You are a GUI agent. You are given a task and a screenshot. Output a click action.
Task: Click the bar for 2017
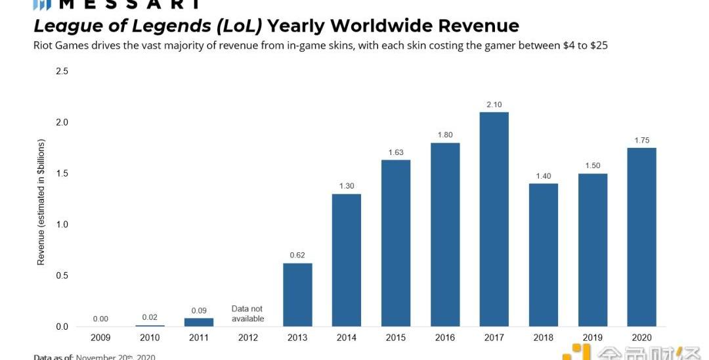(x=494, y=219)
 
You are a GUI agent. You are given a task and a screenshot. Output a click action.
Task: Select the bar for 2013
(x=297, y=295)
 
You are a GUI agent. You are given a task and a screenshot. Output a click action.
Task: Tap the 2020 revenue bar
(x=641, y=237)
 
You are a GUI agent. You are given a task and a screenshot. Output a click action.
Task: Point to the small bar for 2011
(x=199, y=323)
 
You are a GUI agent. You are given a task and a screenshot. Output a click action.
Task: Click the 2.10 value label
(x=494, y=104)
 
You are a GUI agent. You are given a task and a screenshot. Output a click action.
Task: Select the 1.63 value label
(x=396, y=152)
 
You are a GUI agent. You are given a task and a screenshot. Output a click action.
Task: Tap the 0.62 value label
(x=297, y=256)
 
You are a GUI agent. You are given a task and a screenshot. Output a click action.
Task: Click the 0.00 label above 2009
(x=100, y=319)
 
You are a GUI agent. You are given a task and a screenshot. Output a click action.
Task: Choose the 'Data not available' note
(x=247, y=313)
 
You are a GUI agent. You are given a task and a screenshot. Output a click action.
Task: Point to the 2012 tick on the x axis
(x=247, y=338)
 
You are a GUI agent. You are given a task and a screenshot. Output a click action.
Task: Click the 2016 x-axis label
(x=445, y=338)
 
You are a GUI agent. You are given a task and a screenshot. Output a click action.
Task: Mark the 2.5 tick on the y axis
(x=62, y=71)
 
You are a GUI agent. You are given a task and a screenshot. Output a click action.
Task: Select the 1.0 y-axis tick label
(x=62, y=225)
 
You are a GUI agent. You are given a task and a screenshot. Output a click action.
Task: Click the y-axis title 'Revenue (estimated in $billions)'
(x=41, y=202)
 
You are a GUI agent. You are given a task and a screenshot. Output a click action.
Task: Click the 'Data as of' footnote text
(x=54, y=357)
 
